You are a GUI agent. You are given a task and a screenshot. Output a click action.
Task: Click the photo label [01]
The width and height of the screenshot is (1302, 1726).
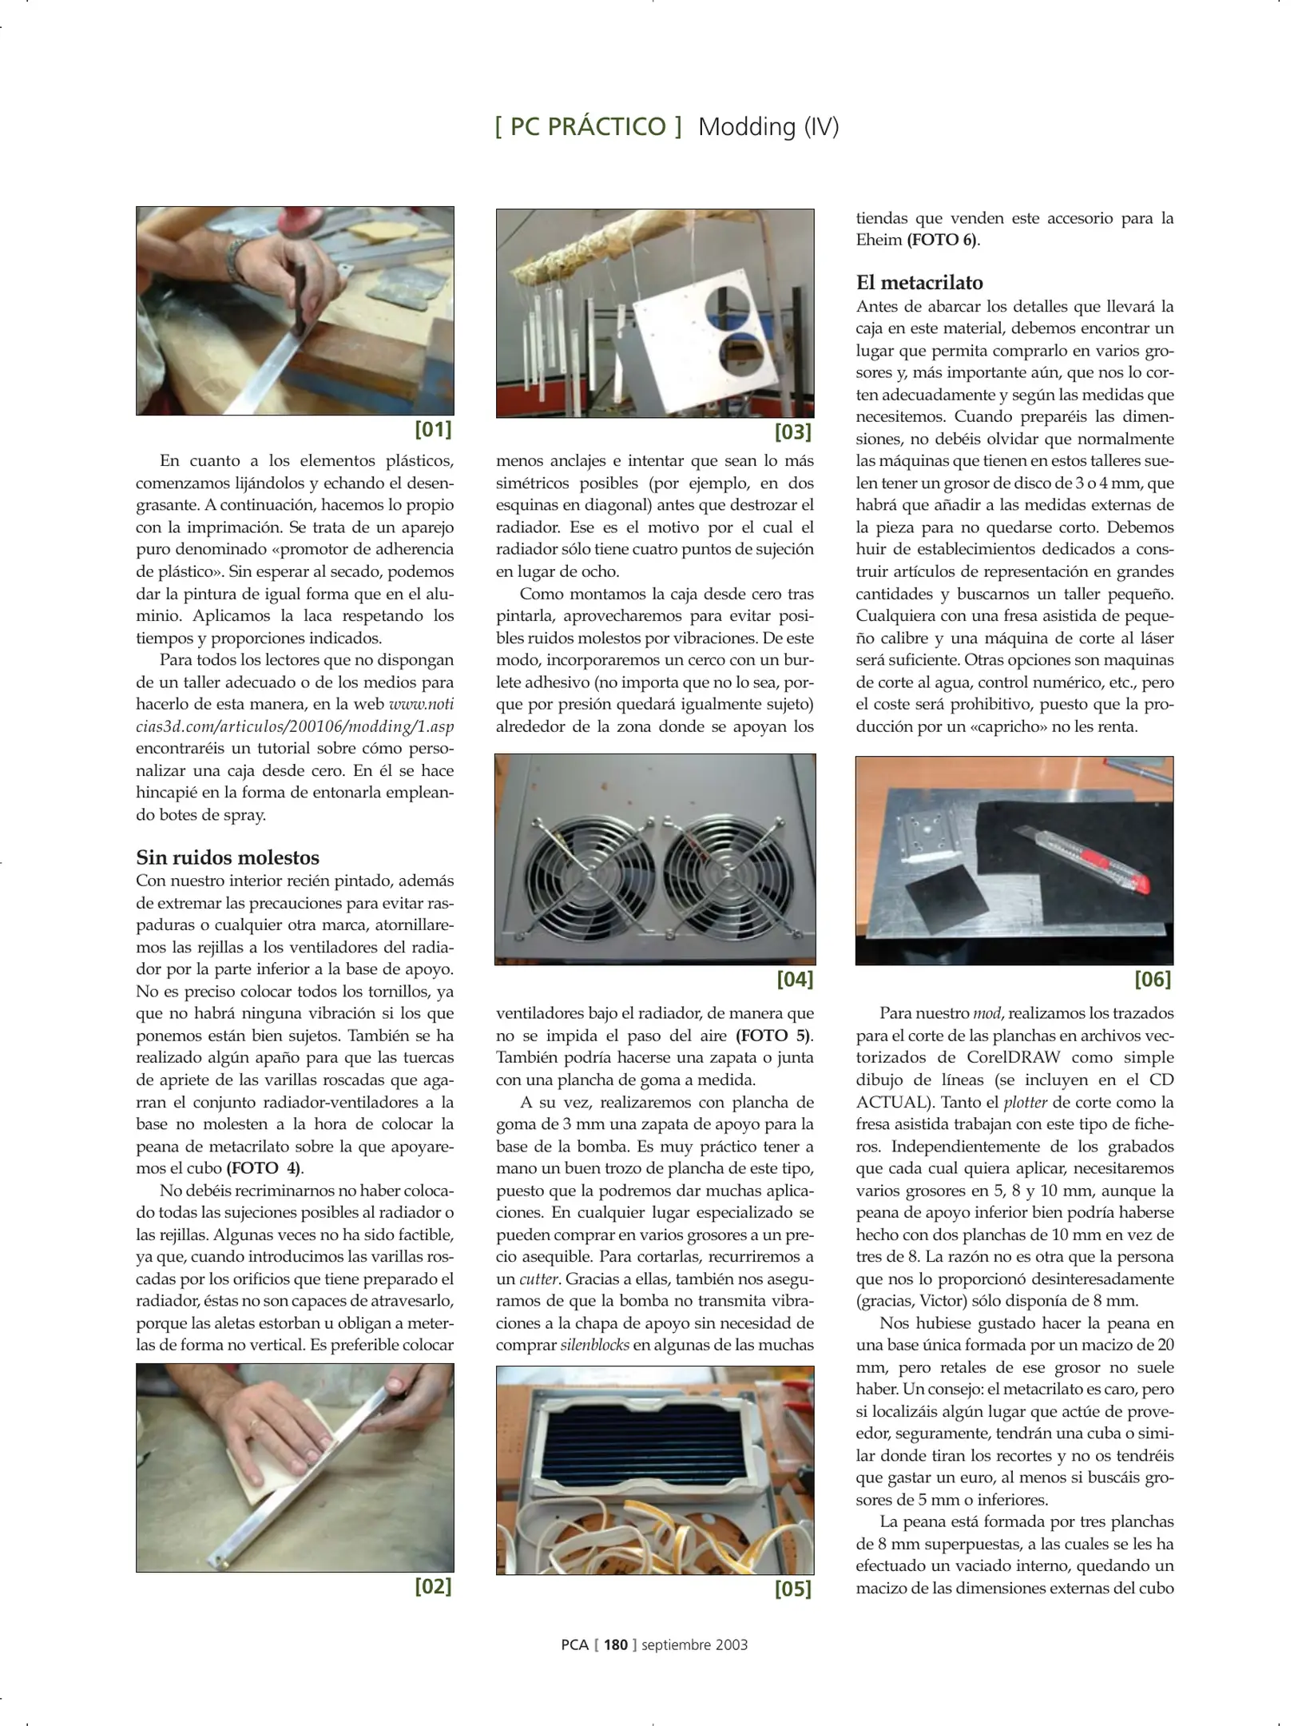433,429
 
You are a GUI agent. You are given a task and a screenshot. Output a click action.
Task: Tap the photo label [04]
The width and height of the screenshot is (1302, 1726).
794,979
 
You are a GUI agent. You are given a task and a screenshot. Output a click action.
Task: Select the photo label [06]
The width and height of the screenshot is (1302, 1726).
1152,979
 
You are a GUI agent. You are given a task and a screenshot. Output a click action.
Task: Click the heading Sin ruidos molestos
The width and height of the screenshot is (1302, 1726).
228,857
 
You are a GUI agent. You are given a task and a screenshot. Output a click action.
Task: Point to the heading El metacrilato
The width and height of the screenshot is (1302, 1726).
919,282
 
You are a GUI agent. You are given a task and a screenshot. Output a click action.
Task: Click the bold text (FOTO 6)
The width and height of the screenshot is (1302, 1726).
942,240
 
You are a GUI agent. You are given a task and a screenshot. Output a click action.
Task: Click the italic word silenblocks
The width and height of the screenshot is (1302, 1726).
594,1345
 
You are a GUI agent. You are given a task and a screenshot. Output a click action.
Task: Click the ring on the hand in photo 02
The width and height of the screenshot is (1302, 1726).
254,1426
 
